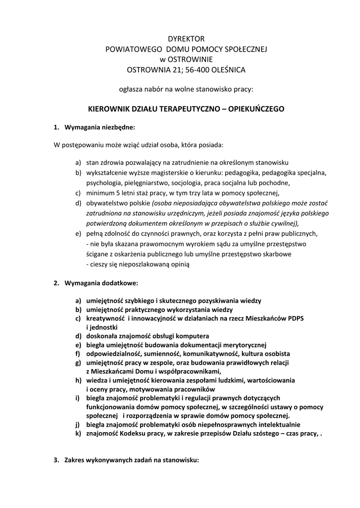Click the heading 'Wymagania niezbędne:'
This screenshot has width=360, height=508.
tap(99, 127)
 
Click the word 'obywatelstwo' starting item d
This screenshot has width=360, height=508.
tap(106, 203)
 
